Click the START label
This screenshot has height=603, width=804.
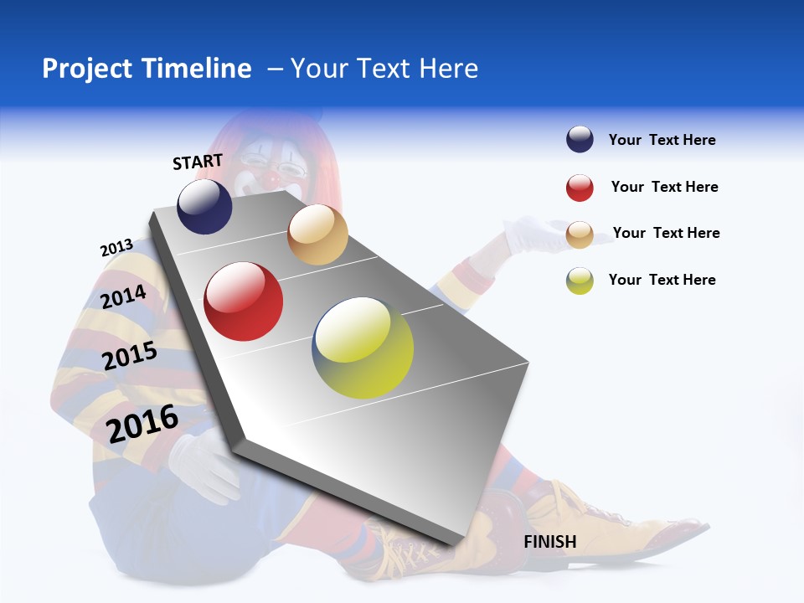(x=198, y=162)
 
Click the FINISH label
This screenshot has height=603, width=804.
(x=550, y=542)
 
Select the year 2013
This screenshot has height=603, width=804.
(x=116, y=248)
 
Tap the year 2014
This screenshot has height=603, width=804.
(x=123, y=296)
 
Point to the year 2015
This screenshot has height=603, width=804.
(x=130, y=356)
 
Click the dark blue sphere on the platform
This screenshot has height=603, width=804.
(x=204, y=206)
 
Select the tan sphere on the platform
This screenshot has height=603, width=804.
(x=317, y=234)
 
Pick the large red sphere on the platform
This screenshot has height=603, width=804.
(x=244, y=301)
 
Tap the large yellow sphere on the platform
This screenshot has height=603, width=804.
(x=363, y=348)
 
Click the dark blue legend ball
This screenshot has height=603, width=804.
(x=580, y=140)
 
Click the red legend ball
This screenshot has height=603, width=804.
(x=580, y=188)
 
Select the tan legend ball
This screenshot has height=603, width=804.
(x=580, y=234)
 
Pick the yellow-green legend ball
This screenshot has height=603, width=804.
(x=580, y=281)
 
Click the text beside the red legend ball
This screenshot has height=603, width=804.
(x=664, y=187)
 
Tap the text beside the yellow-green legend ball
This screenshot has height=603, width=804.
(x=662, y=280)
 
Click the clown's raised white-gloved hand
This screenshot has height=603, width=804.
(x=536, y=233)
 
